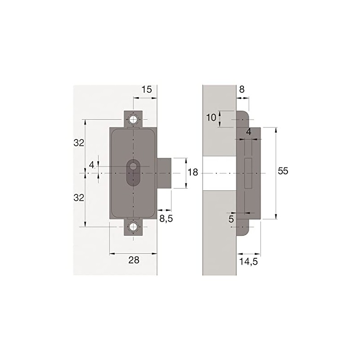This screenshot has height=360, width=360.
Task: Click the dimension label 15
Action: [x=147, y=90]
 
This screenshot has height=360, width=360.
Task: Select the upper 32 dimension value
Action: [x=79, y=143]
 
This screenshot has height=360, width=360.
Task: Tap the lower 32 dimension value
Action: [x=79, y=198]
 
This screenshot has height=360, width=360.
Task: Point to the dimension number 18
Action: [x=193, y=173]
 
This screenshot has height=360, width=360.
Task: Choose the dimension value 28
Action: [x=134, y=260]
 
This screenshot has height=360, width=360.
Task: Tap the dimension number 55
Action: [x=283, y=171]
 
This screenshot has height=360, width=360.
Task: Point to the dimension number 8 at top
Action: [x=242, y=90]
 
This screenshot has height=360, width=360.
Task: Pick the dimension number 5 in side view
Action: [x=231, y=220]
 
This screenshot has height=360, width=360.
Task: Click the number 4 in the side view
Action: [x=248, y=132]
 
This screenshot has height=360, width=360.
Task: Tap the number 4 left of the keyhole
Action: [x=91, y=165]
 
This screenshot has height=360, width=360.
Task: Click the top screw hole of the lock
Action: [x=133, y=120]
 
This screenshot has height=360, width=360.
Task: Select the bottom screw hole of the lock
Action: [x=133, y=227]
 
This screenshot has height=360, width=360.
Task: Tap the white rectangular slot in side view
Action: [x=248, y=173]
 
